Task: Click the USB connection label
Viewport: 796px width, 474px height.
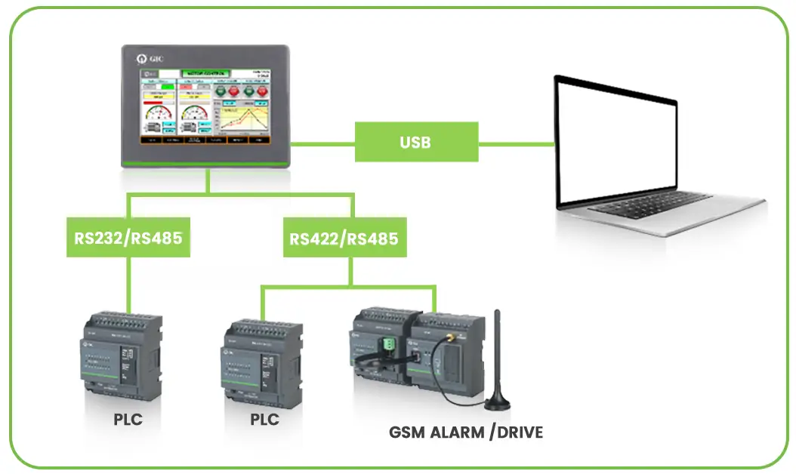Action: (416, 142)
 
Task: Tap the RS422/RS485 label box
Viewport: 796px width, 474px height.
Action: (344, 239)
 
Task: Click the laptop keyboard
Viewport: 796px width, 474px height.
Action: (649, 202)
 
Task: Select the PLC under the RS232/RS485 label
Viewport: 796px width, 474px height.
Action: (120, 355)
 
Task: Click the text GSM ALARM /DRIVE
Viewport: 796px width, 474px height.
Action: (465, 432)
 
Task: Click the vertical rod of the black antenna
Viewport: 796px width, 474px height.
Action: (497, 347)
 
